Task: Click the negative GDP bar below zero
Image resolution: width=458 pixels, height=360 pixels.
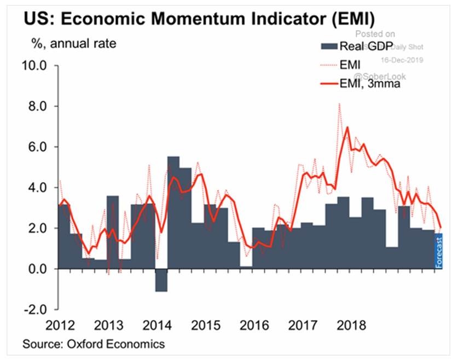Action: point(161,280)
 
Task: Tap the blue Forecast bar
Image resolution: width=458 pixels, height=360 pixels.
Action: point(439,251)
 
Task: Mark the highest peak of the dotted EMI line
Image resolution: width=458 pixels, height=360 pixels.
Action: point(339,103)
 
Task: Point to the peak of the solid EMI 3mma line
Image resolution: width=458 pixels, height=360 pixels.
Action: point(346,127)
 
